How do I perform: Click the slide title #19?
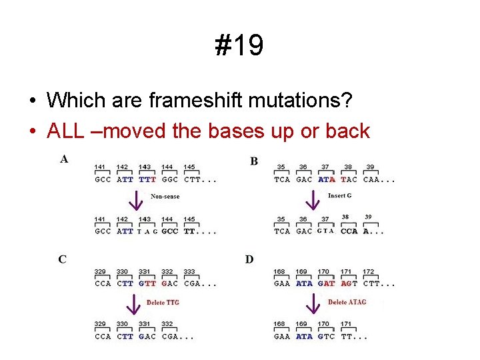point(239,46)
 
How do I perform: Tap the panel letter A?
point(64,159)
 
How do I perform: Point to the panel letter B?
point(254,161)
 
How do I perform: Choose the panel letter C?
point(62,259)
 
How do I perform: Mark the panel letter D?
point(249,259)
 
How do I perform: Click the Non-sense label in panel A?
point(165,196)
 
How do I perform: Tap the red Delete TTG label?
point(163,303)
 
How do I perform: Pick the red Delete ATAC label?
point(347,303)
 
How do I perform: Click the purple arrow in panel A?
point(135,199)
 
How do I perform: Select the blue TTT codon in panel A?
point(147,179)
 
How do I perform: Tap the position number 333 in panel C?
point(189,272)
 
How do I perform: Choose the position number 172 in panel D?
point(369,272)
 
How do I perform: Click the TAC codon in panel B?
point(349,179)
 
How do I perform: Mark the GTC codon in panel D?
point(326,337)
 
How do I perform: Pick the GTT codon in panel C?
point(147,283)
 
